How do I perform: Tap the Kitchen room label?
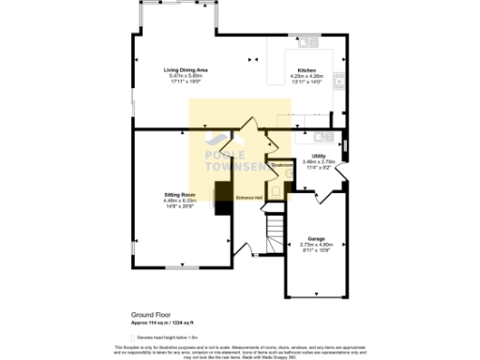point(307,70)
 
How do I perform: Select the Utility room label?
point(319,157)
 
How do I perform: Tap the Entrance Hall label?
point(247,198)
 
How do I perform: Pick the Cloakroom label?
point(280,166)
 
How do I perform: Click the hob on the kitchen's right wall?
point(342,81)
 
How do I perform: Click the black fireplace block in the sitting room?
point(223,200)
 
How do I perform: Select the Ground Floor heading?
point(150,315)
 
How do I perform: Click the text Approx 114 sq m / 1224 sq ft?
point(166,322)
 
